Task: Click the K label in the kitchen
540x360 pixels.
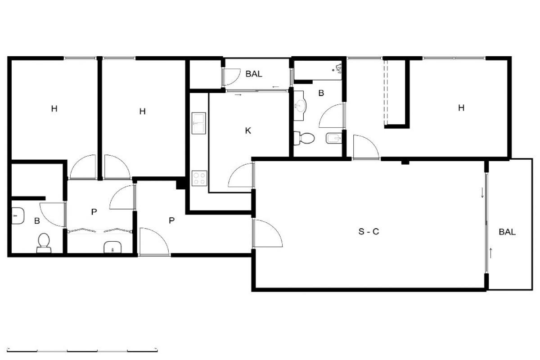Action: tap(248, 131)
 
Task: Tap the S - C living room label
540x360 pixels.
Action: tap(369, 231)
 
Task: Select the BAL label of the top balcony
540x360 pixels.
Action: tap(254, 74)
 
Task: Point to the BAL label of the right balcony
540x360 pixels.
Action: tap(507, 232)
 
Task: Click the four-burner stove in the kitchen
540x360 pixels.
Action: tap(199, 178)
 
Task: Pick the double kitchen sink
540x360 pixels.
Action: tap(198, 123)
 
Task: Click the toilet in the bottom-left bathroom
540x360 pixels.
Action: tap(44, 243)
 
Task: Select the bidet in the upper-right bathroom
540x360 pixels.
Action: tap(334, 139)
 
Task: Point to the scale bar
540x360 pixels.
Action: tap(82, 350)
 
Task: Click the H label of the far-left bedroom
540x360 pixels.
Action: tap(54, 109)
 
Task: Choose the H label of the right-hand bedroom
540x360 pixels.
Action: tap(461, 108)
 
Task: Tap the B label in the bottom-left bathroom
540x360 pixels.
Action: tap(37, 221)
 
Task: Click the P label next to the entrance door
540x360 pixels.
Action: tap(171, 220)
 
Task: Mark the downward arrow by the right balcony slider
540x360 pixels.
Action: tap(482, 193)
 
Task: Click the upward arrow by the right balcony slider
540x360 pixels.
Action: tap(490, 253)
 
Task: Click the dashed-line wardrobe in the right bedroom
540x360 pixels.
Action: tap(386, 92)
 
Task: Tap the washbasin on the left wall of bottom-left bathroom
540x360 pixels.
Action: tap(18, 216)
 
